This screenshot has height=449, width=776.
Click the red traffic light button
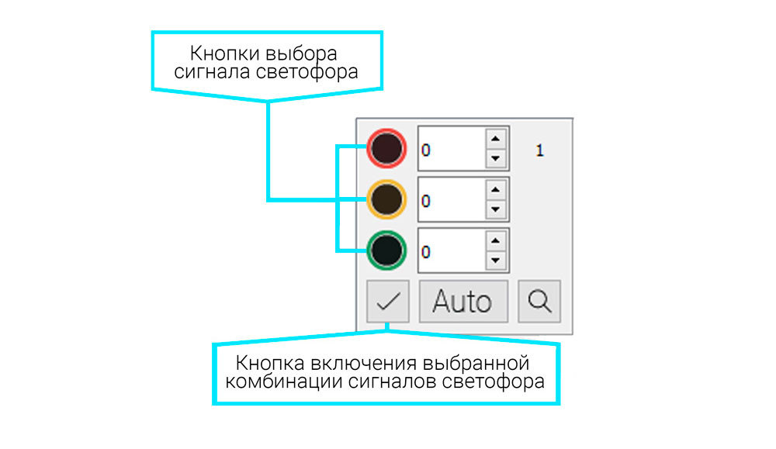386,148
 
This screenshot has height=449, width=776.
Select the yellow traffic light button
386,199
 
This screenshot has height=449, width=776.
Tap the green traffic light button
386,250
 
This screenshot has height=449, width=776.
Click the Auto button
462,301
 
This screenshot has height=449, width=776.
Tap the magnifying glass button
539,301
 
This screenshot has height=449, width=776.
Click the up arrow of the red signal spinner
496,139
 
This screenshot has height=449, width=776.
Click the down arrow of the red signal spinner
496,159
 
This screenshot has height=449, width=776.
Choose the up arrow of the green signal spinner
496,240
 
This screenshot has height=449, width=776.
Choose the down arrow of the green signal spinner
496,261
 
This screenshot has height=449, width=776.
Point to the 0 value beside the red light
425,150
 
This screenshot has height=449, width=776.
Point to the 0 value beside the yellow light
425,201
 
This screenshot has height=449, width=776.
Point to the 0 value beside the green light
425,252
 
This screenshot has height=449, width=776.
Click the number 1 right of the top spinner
540,150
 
